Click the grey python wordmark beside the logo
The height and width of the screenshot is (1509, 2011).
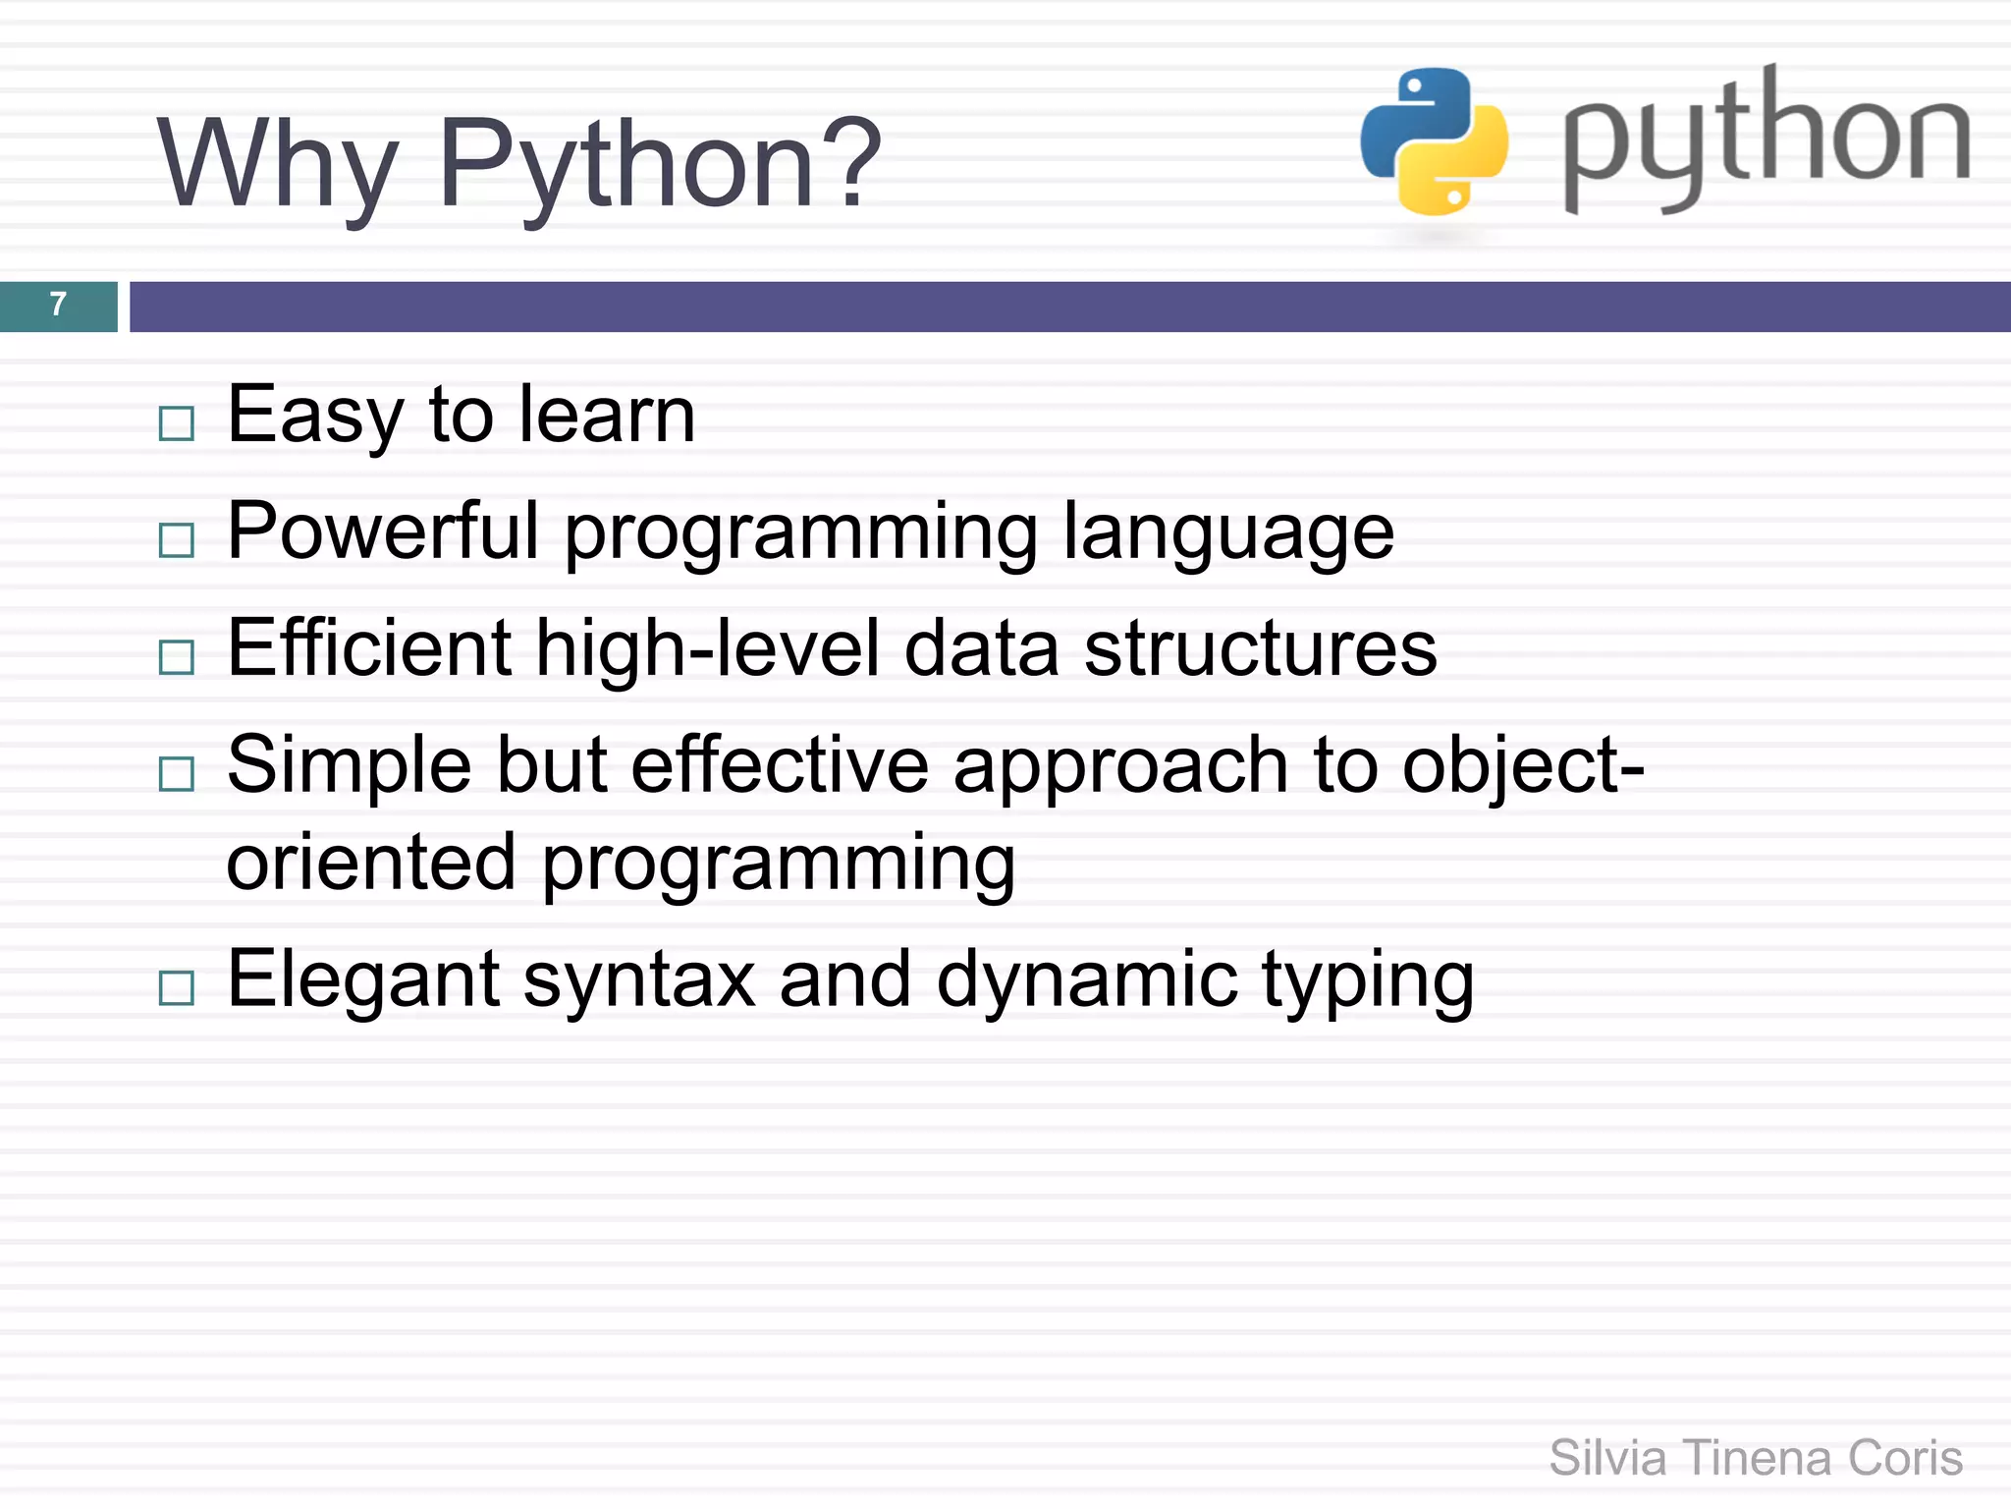click(1766, 138)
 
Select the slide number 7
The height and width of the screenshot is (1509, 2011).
click(58, 305)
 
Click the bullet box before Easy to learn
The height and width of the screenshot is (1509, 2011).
click(177, 423)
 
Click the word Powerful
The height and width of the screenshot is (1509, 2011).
click(383, 531)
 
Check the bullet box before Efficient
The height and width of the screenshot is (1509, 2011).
click(177, 656)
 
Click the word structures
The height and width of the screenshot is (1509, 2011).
click(1261, 648)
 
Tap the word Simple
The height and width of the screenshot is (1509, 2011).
click(349, 766)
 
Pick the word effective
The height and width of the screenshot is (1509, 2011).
click(780, 766)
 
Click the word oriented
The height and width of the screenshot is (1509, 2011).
click(371, 863)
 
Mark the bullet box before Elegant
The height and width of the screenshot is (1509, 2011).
click(177, 987)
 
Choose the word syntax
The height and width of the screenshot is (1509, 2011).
click(639, 980)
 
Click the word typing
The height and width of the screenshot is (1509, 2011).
click(1368, 980)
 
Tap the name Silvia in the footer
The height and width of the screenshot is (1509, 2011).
click(1607, 1458)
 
